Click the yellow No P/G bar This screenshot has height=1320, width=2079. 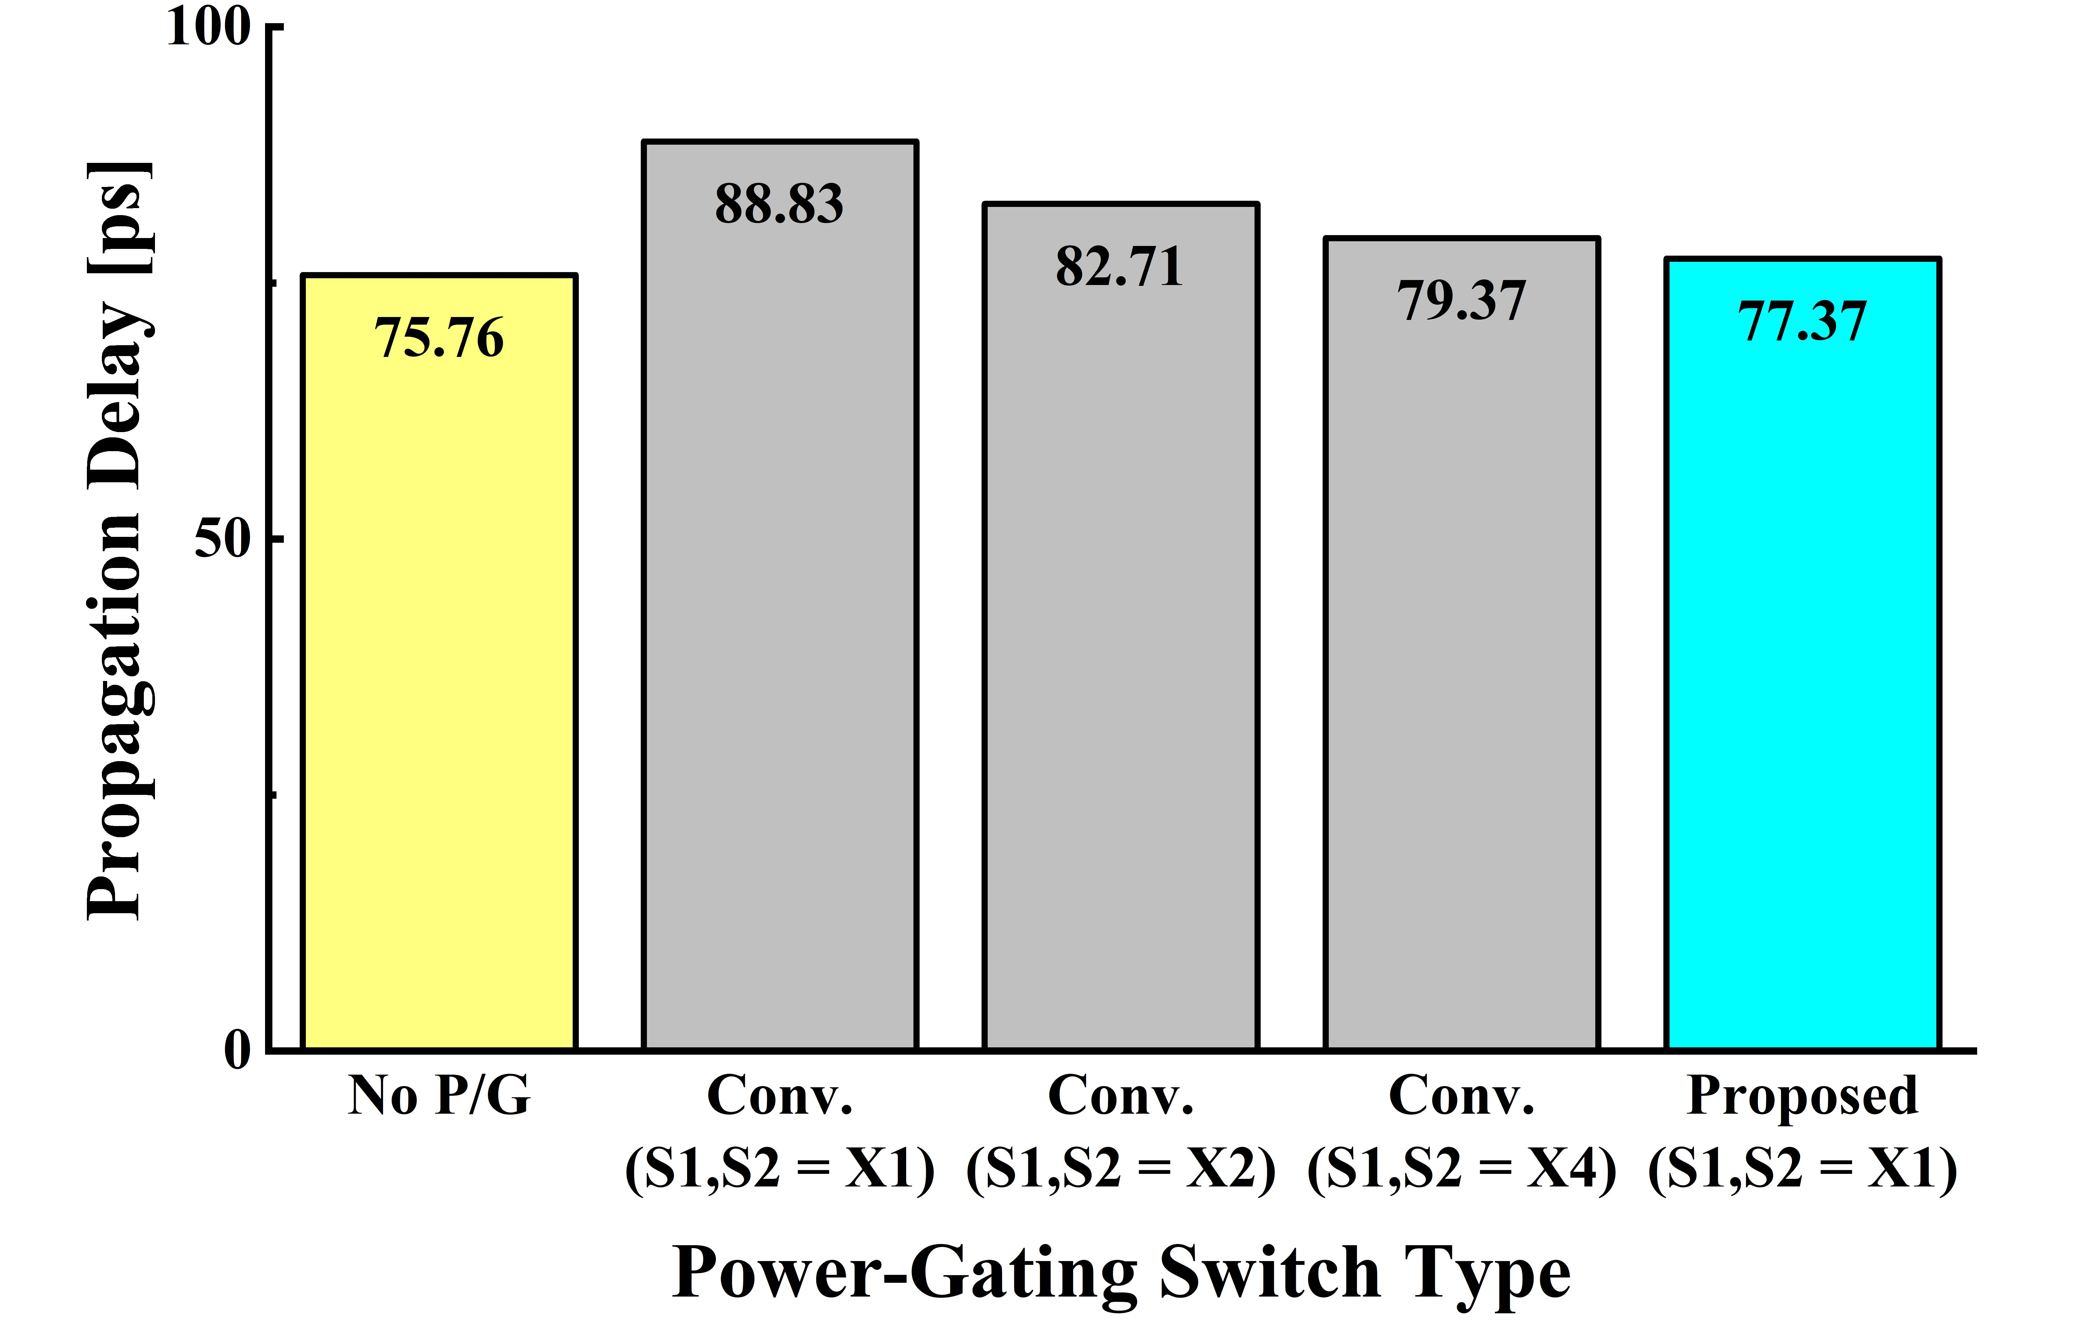[439, 691]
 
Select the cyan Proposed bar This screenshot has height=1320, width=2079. [1803, 691]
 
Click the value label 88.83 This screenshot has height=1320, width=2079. [780, 205]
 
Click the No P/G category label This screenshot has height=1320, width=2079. [439, 1096]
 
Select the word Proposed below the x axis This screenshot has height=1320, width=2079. [1803, 1096]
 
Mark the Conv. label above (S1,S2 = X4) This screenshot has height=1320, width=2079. [1462, 1096]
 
